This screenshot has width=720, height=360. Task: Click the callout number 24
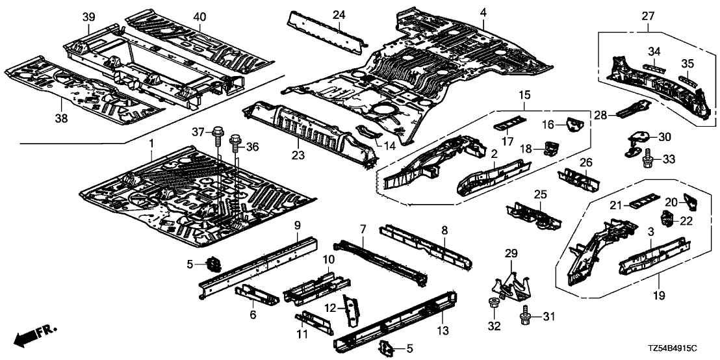(339, 15)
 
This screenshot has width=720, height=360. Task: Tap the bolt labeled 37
(216, 137)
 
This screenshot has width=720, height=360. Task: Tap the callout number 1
(151, 142)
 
